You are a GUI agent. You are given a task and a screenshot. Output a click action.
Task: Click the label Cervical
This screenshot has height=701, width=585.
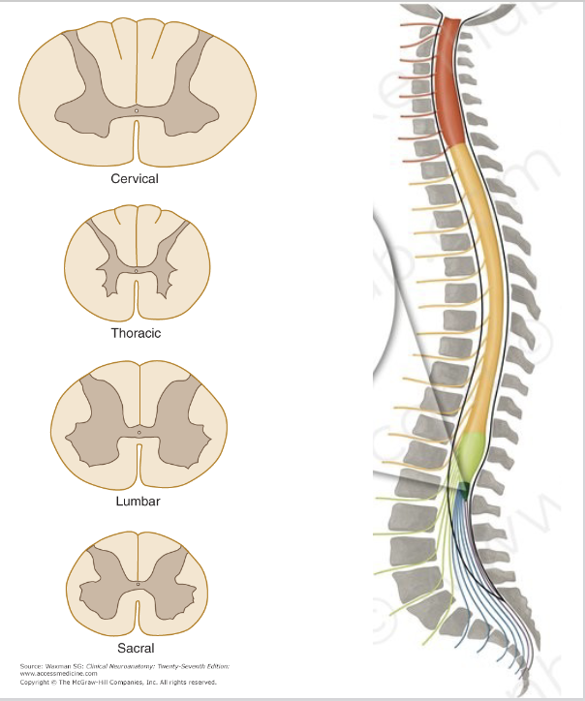coord(135,178)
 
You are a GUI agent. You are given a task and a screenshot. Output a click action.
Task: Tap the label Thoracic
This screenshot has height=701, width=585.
coord(136,333)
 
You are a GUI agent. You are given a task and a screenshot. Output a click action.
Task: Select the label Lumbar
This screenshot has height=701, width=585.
coord(138,502)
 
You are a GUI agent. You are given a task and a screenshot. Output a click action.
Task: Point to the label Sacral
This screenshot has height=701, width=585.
coord(136,648)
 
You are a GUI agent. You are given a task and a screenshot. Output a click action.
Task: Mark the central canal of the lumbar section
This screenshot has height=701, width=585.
coord(139,431)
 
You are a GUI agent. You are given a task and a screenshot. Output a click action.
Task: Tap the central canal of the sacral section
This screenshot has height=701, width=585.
coord(138,585)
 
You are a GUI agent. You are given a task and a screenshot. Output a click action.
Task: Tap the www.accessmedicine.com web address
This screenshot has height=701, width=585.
coord(58,674)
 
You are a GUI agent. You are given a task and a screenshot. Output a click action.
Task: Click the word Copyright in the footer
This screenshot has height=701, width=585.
coord(36,682)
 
